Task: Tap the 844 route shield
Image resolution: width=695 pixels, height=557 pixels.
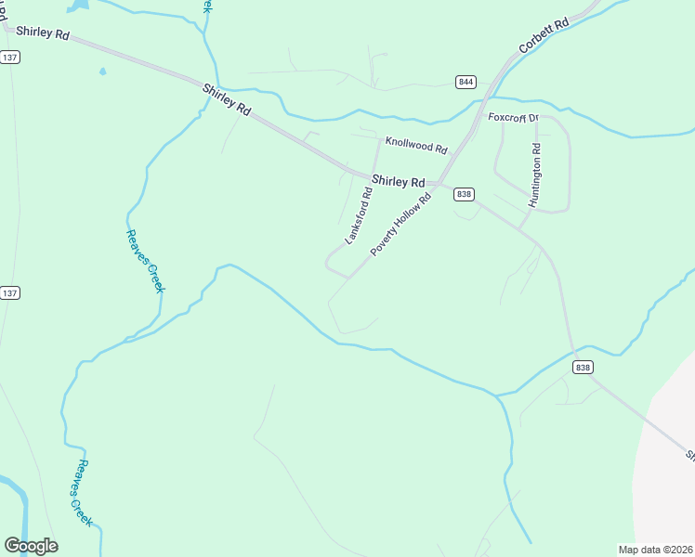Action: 466,82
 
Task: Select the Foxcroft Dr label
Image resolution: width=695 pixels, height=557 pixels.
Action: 514,118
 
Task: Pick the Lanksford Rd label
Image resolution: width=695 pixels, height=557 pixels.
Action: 359,216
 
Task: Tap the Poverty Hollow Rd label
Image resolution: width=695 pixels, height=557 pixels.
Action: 401,225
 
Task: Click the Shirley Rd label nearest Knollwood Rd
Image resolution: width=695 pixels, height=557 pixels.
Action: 398,182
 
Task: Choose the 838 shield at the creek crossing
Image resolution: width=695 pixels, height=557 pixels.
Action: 583,367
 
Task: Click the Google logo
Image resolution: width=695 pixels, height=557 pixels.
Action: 31,546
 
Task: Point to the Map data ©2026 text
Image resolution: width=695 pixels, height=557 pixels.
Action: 655,549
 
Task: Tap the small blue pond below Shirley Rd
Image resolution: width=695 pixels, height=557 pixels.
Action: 102,71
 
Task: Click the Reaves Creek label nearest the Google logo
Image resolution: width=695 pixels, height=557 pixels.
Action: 85,494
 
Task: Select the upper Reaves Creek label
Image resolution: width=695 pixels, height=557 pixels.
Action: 146,261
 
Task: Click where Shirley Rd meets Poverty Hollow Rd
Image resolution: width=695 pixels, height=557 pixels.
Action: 439,183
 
